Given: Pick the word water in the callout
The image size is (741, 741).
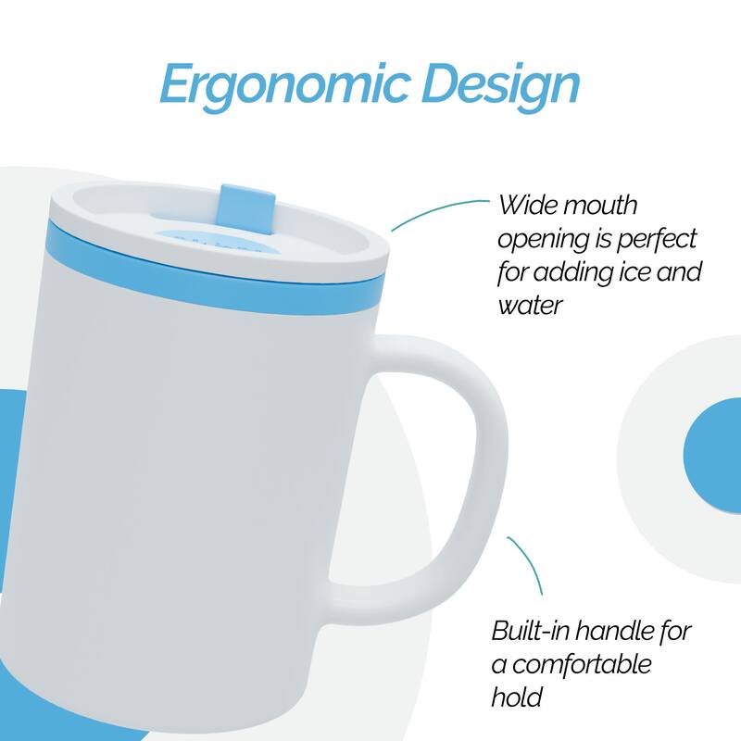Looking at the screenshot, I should (x=531, y=305).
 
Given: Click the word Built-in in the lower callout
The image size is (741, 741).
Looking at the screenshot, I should (x=534, y=632).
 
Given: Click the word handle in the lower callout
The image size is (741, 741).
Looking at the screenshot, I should (x=620, y=632).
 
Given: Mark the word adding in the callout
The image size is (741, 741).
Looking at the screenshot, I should (x=564, y=272).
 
